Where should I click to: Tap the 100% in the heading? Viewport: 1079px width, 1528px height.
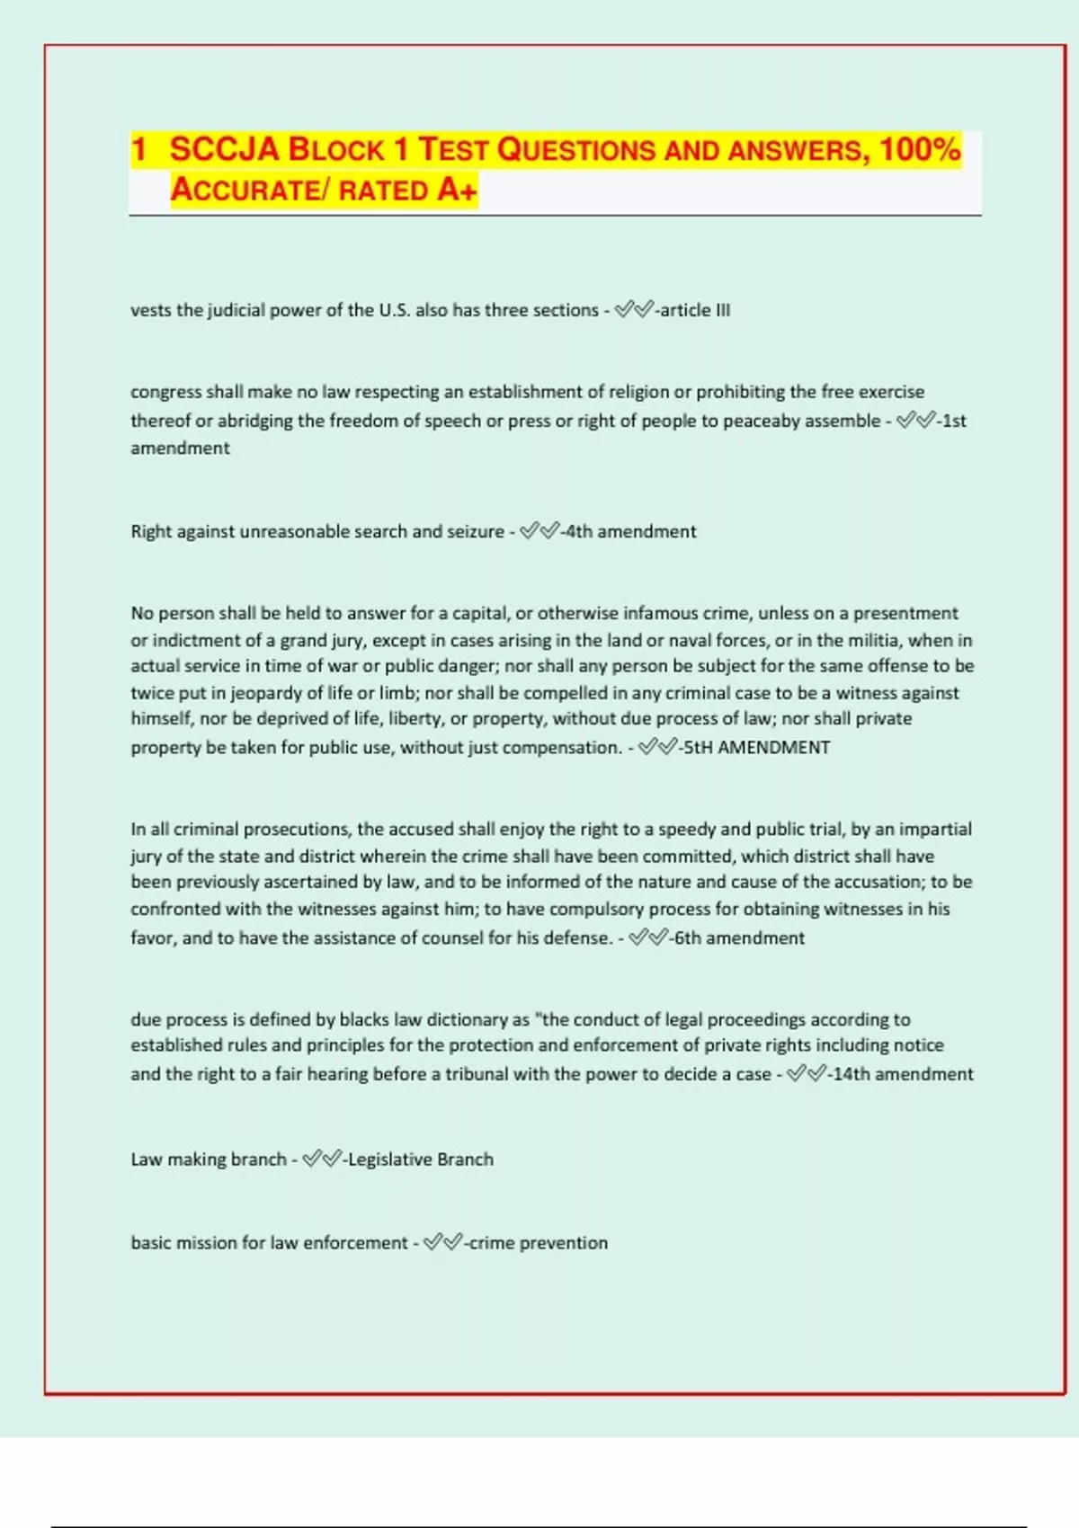point(920,149)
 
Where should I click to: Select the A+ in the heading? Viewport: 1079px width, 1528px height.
point(458,191)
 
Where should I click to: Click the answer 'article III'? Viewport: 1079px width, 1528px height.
point(695,310)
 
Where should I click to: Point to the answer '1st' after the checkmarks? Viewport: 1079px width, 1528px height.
point(954,421)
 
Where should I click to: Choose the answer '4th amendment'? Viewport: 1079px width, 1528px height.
point(630,531)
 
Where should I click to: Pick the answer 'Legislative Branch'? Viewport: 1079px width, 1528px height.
point(420,1159)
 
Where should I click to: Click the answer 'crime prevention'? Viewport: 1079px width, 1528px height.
point(538,1243)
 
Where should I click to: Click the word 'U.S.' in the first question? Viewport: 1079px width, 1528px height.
point(394,310)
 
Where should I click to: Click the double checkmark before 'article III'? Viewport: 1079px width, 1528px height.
point(634,310)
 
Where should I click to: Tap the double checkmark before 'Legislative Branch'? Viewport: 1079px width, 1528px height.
point(322,1159)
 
